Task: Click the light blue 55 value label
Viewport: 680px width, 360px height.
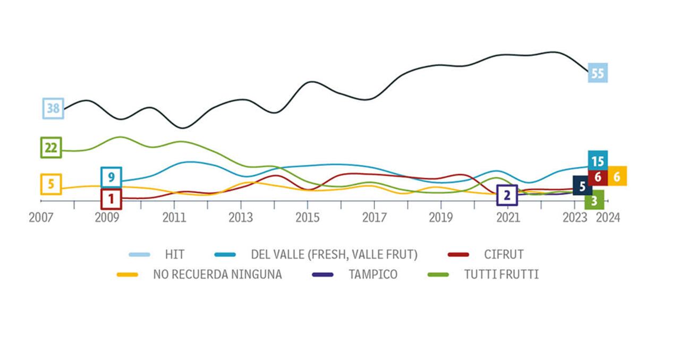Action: tap(598, 73)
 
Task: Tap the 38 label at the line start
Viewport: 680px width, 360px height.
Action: tap(53, 108)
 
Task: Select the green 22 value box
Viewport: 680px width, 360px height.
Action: tap(51, 148)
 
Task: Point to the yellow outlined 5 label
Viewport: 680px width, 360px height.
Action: tap(51, 184)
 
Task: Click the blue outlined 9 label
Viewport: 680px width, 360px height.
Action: tap(111, 177)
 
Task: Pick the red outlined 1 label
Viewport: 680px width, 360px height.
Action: tap(111, 199)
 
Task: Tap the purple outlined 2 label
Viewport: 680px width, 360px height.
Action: tap(507, 195)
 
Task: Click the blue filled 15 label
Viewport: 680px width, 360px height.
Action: tap(598, 160)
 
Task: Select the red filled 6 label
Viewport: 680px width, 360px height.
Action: tap(598, 177)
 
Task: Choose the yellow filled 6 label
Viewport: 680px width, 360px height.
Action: tap(617, 176)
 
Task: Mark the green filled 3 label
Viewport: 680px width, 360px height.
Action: tap(594, 200)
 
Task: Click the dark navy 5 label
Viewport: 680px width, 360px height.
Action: tap(582, 186)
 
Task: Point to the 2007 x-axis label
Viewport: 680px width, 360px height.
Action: tap(41, 218)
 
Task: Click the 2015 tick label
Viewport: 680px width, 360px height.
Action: tap(308, 218)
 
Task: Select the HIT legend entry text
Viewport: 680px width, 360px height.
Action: tap(174, 255)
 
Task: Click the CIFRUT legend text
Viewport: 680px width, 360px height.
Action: tap(504, 255)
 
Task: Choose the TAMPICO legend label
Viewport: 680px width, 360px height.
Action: tap(373, 275)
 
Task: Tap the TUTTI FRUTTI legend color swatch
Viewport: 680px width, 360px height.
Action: tap(438, 275)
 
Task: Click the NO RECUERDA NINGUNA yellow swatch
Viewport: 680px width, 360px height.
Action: tap(127, 275)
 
